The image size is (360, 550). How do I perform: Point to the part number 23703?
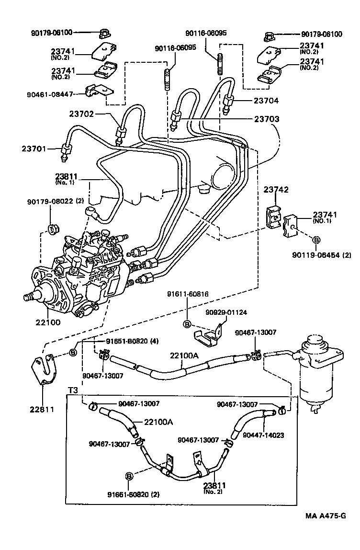click(267, 118)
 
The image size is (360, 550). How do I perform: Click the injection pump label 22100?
click(47, 322)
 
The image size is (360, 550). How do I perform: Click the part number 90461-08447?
click(49, 94)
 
